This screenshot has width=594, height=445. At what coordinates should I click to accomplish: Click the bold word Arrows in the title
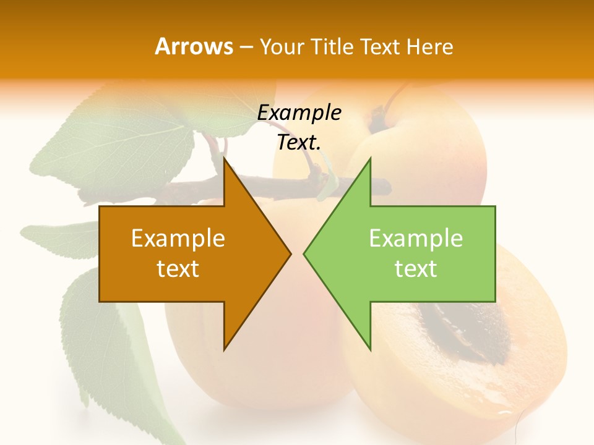194,46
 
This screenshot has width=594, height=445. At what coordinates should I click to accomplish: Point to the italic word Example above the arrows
299,112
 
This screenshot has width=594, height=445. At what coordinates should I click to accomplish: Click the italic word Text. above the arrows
299,142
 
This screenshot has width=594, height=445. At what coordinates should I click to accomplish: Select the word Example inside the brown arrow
178,238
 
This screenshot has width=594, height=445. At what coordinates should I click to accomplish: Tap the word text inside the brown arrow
178,269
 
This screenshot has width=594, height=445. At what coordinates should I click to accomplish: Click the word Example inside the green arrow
416,238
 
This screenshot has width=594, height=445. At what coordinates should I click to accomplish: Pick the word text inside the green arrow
416,269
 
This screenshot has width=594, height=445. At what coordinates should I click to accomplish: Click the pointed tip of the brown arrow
290,253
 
